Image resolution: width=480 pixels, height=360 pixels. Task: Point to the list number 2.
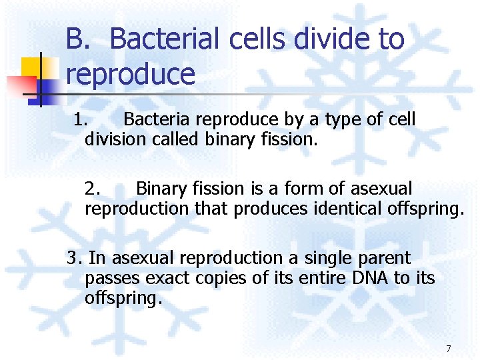coord(93,189)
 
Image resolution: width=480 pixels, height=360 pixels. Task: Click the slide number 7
coord(448,349)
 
